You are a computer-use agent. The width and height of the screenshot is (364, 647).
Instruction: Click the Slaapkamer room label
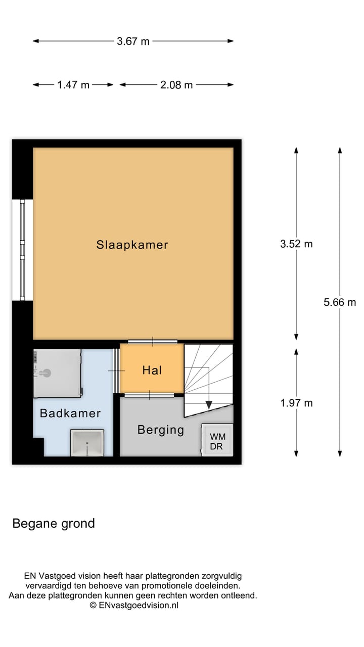point(132,245)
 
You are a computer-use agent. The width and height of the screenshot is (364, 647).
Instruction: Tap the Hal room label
point(152,370)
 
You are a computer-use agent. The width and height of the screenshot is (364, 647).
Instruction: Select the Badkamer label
point(70,413)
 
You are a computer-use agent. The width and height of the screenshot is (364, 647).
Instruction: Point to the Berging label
point(161,430)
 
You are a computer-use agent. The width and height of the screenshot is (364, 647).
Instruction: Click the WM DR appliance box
point(217,441)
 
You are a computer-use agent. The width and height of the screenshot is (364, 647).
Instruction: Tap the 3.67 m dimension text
point(133,41)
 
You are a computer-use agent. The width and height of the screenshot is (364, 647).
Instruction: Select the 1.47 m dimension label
point(73,85)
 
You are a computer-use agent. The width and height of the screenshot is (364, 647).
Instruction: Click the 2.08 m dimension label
point(176,85)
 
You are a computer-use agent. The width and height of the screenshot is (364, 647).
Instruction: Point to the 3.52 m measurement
point(296,244)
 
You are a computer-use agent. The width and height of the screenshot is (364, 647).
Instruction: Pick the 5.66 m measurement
point(340,302)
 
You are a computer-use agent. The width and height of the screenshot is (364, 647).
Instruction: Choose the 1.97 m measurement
point(296,403)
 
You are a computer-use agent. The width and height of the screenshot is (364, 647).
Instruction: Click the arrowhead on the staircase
point(208,405)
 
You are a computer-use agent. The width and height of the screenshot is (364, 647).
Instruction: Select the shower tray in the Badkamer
point(57,373)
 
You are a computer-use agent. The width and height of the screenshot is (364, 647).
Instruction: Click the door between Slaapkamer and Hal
point(152,342)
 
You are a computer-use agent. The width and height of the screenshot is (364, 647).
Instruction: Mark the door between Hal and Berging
point(150,395)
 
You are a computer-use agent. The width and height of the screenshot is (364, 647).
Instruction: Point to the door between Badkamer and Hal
point(116,371)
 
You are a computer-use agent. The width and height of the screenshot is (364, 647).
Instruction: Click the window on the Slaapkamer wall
point(22,250)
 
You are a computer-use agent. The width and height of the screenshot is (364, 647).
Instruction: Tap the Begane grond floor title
point(54,523)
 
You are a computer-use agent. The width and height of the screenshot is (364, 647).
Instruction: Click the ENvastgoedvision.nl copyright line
point(133,605)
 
